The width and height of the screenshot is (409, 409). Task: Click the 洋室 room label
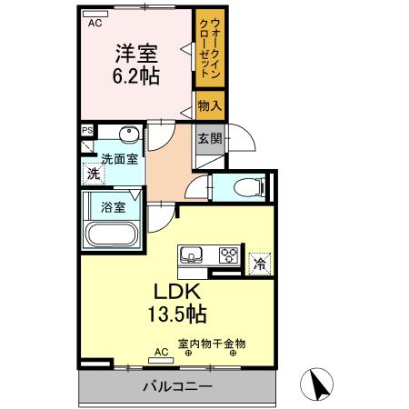[137, 51]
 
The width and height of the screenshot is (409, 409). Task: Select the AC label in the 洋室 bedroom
[95, 25]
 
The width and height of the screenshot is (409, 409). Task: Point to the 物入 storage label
[210, 106]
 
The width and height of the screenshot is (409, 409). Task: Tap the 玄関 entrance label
[210, 138]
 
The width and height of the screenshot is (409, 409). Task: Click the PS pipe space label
[87, 130]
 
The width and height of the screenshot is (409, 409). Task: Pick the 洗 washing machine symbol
[92, 174]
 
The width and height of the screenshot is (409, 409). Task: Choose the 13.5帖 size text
[176, 315]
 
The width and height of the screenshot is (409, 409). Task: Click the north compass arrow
[318, 385]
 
